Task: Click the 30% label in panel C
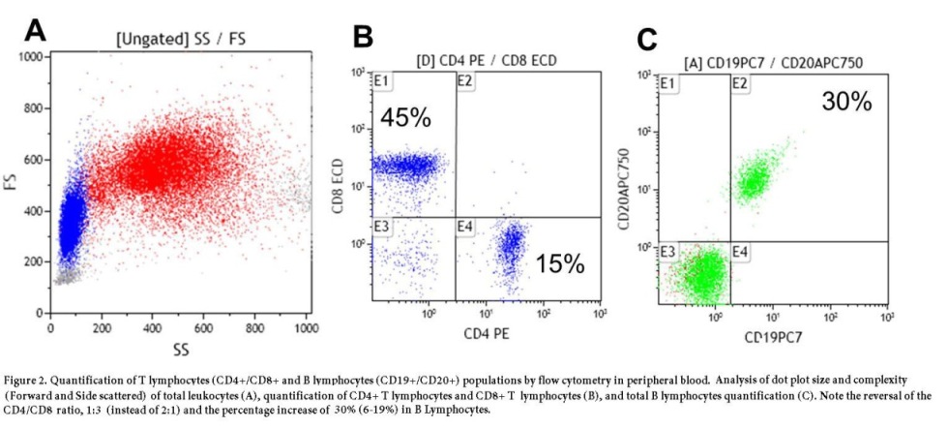(x=846, y=101)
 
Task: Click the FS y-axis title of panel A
(x=13, y=184)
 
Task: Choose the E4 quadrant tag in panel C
(x=741, y=252)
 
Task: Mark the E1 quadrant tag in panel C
(x=667, y=84)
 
